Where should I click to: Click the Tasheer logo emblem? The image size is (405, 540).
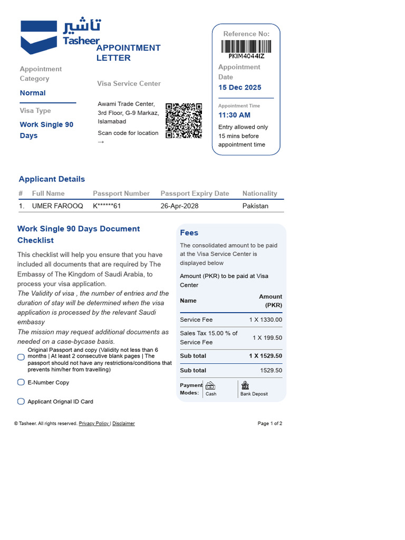(38, 37)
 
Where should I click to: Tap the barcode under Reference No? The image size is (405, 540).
(246, 46)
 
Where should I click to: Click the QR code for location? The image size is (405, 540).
(184, 120)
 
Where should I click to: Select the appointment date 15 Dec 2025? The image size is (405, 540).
(240, 88)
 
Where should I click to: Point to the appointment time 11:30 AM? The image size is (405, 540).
(234, 115)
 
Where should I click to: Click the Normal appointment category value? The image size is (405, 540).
(33, 93)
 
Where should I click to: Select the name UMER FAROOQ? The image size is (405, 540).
(57, 206)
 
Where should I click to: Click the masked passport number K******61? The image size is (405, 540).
(107, 206)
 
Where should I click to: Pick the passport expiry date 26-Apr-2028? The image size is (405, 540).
(179, 206)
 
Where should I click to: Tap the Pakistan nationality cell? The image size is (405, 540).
(255, 206)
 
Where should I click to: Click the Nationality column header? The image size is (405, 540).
(259, 194)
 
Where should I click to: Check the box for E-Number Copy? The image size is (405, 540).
(21, 382)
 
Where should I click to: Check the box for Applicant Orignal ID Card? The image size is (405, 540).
(21, 401)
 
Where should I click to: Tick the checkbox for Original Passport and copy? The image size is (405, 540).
(21, 358)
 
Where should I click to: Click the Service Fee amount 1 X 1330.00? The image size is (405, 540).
(266, 320)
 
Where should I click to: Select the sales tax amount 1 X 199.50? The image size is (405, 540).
(267, 337)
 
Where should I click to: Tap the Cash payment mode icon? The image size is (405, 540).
(210, 385)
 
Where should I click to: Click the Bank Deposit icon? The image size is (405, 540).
(245, 385)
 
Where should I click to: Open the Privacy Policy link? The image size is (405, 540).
(94, 423)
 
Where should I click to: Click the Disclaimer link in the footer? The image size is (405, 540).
(123, 423)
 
